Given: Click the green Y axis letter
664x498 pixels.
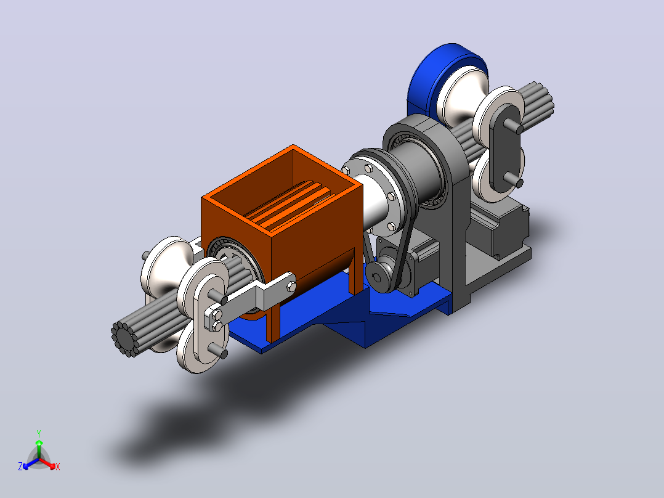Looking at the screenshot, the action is pyautogui.click(x=39, y=433).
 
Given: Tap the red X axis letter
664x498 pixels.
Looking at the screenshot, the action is pyautogui.click(x=58, y=467).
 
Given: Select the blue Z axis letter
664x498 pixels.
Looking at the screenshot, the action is pyautogui.click(x=20, y=467).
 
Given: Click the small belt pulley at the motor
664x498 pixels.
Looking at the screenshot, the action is pyautogui.click(x=379, y=276).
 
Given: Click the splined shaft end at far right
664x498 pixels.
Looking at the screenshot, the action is pyautogui.click(x=536, y=102).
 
